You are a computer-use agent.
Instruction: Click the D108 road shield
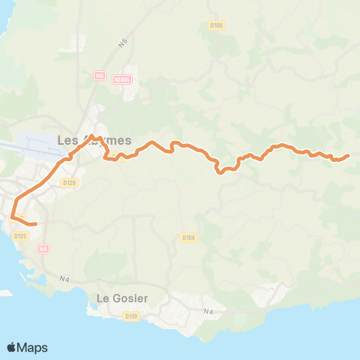tap(216, 25)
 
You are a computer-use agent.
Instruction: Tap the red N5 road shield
tap(99, 75)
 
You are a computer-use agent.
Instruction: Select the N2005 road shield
tap(122, 79)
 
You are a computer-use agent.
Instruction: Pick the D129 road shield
tap(70, 182)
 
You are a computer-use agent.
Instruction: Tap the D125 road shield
tap(20, 236)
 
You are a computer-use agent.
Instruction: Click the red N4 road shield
tap(43, 248)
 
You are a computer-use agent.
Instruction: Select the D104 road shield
tap(188, 238)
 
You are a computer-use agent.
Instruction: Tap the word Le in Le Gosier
tap(104, 298)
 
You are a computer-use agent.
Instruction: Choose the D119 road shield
tap(132, 316)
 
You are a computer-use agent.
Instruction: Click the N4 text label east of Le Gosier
tap(208, 311)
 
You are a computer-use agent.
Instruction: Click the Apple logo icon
tap(11, 347)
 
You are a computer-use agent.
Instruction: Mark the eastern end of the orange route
tap(349, 156)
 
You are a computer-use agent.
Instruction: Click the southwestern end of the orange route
tap(36, 223)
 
